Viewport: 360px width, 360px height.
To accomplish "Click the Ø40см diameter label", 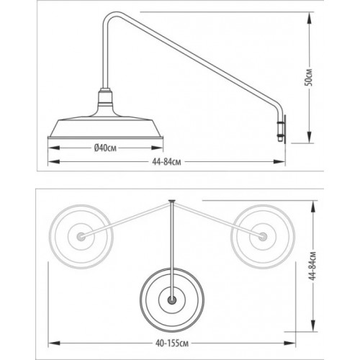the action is point(105,148).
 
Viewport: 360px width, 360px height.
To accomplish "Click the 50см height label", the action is point(310,77).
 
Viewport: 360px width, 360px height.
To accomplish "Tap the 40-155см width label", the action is point(172,343).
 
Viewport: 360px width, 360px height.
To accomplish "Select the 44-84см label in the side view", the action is point(166,162).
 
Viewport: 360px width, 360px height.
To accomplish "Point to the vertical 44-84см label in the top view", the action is point(312,266).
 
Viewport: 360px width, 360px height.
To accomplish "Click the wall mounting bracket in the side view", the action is point(283,129).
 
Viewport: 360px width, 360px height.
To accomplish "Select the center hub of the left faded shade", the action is point(81,236).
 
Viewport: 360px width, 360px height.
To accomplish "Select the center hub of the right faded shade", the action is point(263,236).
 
